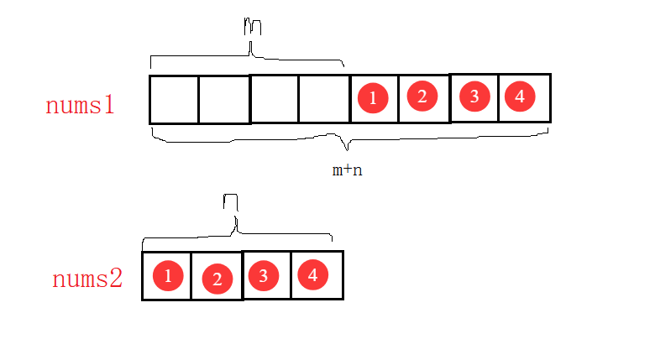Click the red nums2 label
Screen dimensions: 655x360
tap(87, 279)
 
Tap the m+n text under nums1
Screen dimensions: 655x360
tap(348, 170)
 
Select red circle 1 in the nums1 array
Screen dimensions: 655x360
tap(372, 99)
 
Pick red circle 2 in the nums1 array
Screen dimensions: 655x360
tap(422, 97)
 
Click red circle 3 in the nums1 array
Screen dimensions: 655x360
tap(474, 97)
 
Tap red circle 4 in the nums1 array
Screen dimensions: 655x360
tap(520, 97)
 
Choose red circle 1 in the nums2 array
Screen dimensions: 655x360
tap(169, 275)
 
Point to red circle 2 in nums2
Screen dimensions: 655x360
tap(217, 279)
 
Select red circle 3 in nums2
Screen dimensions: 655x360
tap(265, 275)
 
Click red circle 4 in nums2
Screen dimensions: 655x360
tap(312, 274)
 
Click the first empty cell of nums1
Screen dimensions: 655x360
tap(174, 99)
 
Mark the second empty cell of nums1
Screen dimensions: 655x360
tap(224, 99)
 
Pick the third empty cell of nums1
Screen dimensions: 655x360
tap(275, 98)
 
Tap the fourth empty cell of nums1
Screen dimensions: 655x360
tap(325, 98)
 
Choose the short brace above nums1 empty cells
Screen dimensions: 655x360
tap(248, 57)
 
